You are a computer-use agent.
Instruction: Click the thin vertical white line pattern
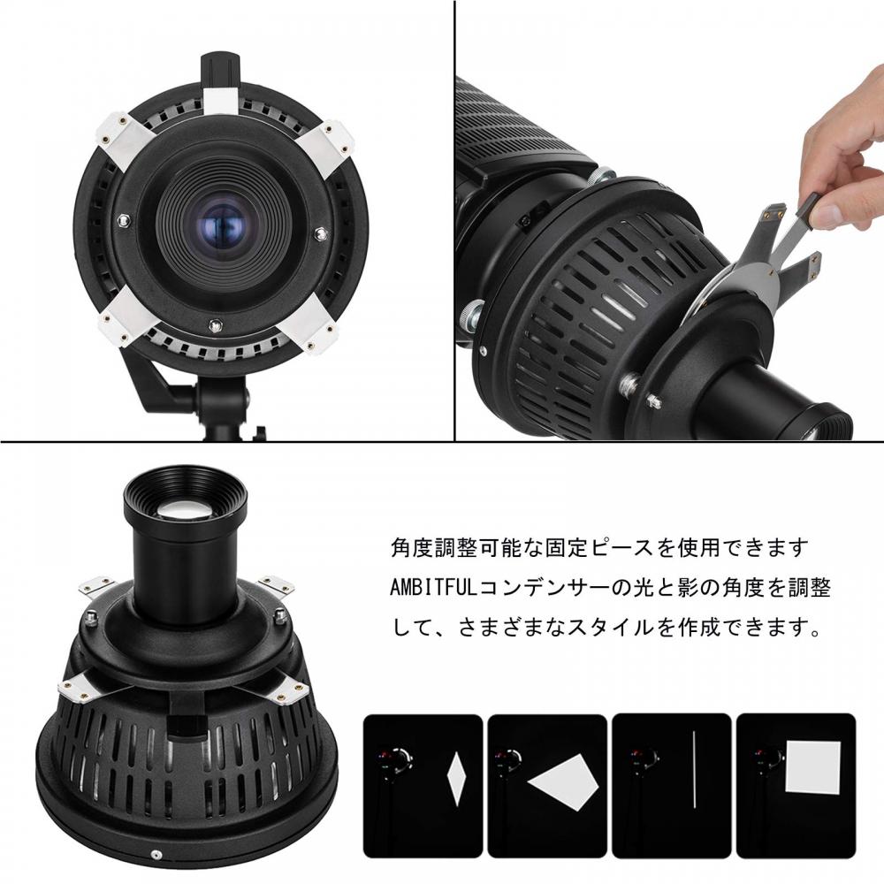pos(695,769)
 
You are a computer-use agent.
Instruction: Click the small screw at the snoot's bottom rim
pos(156,856)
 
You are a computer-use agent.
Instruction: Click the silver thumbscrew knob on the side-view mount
pos(469,315)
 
